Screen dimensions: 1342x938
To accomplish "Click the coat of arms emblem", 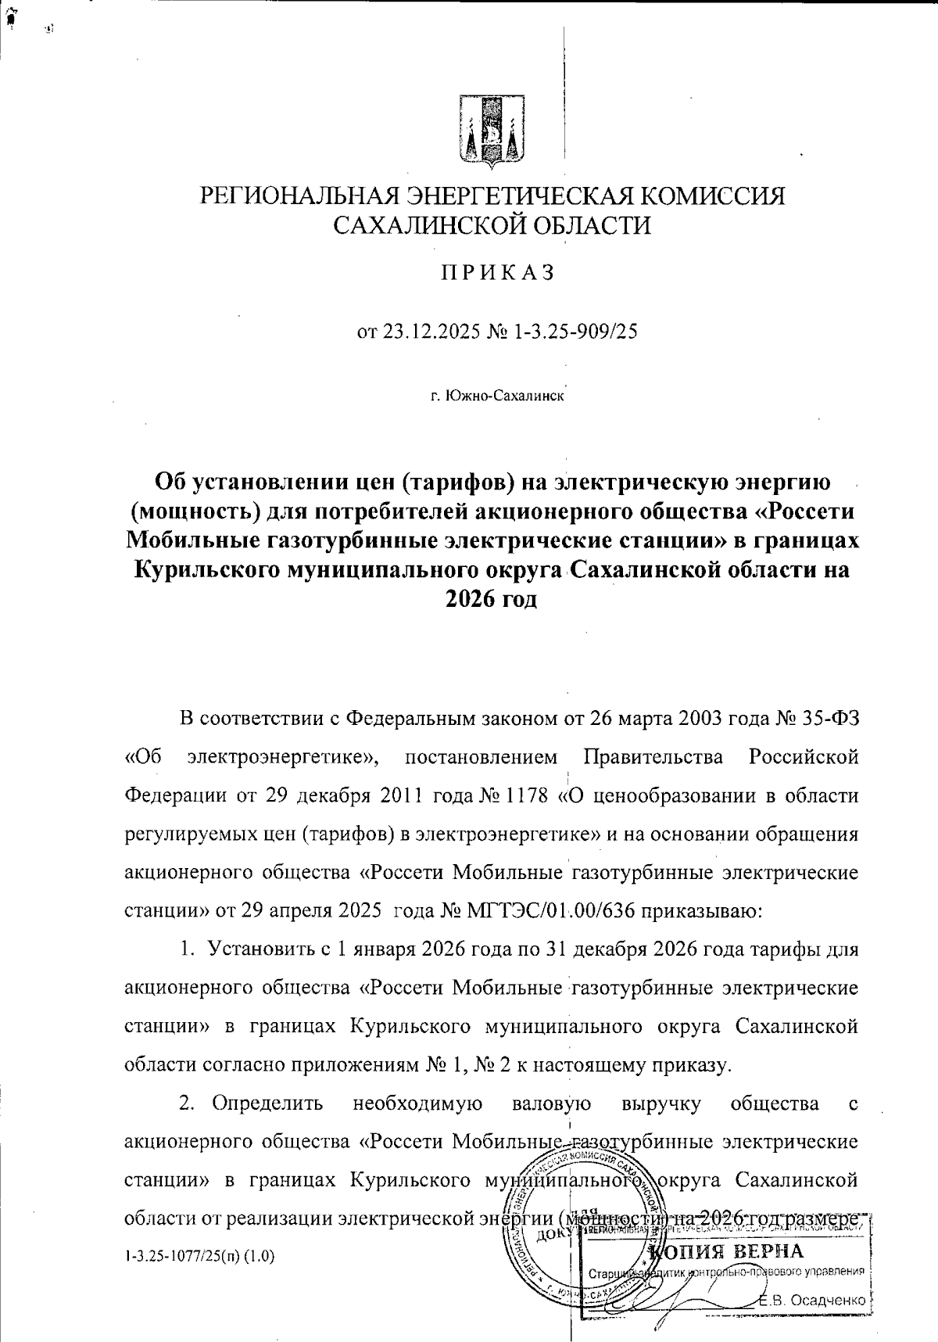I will pos(490,134).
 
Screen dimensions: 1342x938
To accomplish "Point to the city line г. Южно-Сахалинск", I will pos(497,396).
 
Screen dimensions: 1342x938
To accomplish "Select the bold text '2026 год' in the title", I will pos(492,599).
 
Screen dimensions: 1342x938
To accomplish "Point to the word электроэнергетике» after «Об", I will pos(284,757).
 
